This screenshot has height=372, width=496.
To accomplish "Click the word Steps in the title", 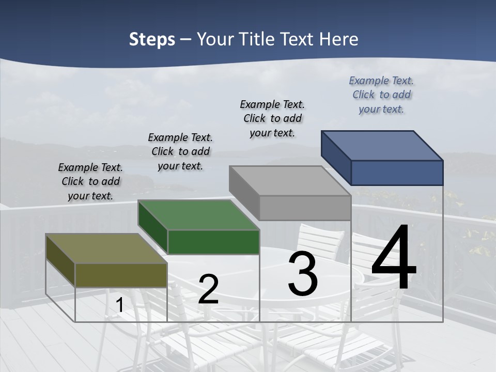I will tap(152, 39).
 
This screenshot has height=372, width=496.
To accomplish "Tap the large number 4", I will tap(394, 258).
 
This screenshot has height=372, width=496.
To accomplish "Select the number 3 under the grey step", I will tap(303, 274).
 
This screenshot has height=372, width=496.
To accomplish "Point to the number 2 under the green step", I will tap(209, 289).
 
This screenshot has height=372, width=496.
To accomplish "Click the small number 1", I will tap(120, 305).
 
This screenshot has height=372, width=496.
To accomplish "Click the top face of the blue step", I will tap(382, 145).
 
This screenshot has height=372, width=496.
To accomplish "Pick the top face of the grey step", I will tap(290, 181).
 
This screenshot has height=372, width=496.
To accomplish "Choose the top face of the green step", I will tap(198, 214).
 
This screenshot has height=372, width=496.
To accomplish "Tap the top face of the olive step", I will tap(106, 249).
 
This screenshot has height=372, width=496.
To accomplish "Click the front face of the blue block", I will tap(397, 173).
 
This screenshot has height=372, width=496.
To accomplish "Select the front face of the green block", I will tap(213, 242).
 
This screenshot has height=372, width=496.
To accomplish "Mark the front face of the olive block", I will tap(121, 275).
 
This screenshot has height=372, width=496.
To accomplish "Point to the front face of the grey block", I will tap(305, 208).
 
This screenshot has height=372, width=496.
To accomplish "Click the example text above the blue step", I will tap(381, 95).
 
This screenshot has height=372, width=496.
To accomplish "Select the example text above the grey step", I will tap(272, 118).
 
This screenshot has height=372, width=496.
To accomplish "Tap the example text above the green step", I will tap(180, 151).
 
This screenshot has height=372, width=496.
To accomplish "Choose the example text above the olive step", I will tap(90, 181).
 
